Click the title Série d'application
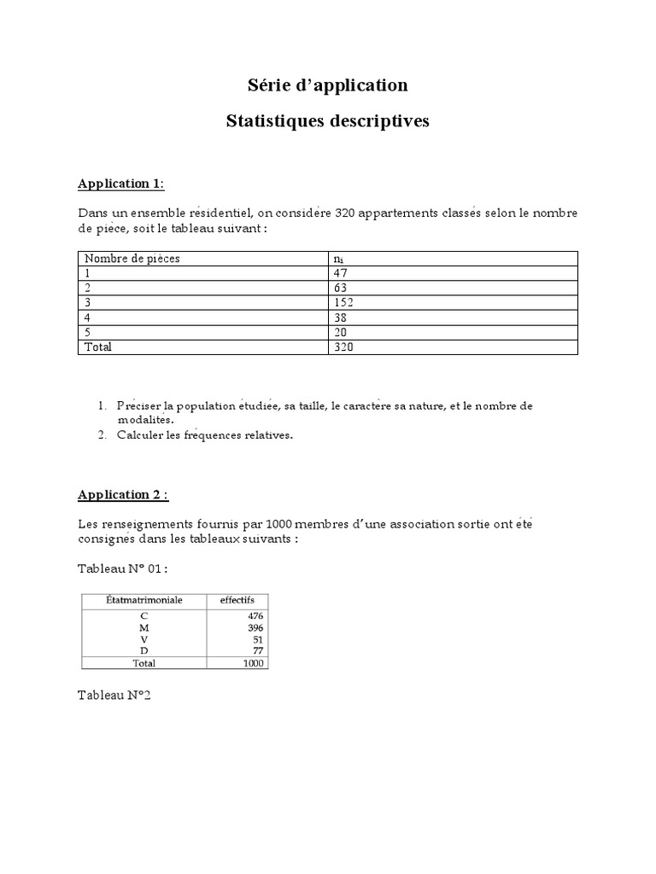coord(327,85)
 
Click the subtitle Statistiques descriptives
coord(327,121)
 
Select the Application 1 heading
coord(121,184)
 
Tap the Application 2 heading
coord(123,494)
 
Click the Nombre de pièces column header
coord(132,259)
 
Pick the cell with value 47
coord(342,273)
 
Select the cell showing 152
coord(345,302)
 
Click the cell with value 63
coord(342,288)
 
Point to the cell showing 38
coord(342,318)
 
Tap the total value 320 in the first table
coord(345,347)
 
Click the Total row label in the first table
coord(98,347)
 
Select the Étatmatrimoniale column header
coord(143,600)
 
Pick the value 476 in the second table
coord(255,615)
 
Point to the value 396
coord(255,627)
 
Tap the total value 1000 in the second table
coord(254,663)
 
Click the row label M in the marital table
coord(143,627)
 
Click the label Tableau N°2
coord(114,696)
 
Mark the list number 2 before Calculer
coord(101,435)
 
